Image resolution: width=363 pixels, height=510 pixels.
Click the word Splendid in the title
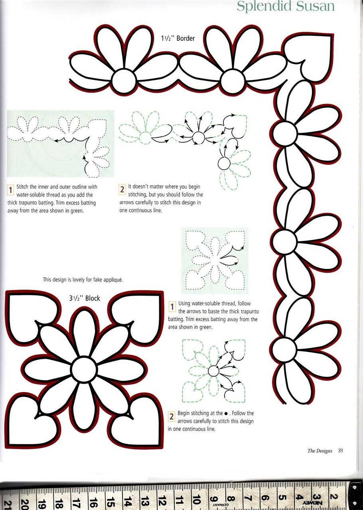point(264,6)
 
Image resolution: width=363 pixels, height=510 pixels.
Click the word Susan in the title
point(316,6)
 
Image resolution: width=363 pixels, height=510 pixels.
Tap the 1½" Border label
point(178,38)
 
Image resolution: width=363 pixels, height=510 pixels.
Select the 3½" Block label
point(85,298)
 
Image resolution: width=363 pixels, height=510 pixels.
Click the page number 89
point(341,450)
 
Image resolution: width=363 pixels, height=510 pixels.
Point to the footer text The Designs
point(320,451)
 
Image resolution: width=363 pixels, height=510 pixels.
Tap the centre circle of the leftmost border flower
point(124,80)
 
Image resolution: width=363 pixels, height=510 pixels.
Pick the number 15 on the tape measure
point(110,500)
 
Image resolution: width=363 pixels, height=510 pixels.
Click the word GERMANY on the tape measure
point(219,506)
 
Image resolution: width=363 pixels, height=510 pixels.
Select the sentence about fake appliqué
point(83,280)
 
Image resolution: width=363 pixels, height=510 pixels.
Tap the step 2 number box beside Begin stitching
point(171,416)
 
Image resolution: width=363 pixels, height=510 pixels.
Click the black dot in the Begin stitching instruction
point(226,413)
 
